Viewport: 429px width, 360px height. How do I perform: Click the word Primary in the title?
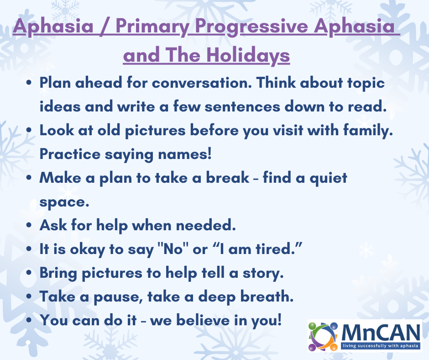pos(152,27)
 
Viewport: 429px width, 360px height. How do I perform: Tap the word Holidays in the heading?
pos(248,55)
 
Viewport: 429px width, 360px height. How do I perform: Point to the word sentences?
pos(242,106)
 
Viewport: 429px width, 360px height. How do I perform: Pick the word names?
pos(185,154)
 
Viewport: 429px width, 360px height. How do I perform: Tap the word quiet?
pos(328,178)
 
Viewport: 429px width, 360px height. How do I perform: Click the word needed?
pos(205,225)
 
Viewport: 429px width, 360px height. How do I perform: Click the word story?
pos(263,273)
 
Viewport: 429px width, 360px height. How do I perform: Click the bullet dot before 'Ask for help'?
pos(29,225)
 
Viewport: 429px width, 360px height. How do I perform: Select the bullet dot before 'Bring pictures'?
pos(29,273)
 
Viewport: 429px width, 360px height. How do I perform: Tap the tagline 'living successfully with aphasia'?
pos(381,346)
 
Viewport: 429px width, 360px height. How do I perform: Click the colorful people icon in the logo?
pos(323,337)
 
